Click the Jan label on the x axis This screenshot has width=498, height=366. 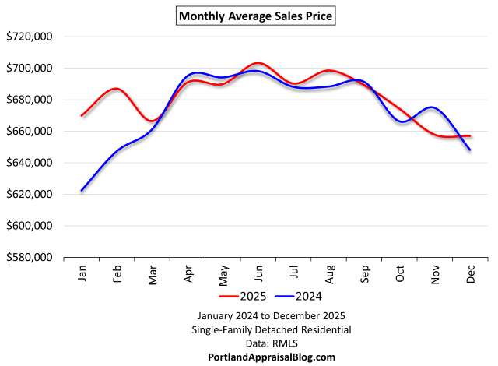pos(82,273)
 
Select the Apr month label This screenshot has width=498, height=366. pos(188,273)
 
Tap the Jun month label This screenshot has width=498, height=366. pos(258,273)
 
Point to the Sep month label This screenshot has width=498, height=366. pos(365,273)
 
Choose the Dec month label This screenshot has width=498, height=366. pos(471,273)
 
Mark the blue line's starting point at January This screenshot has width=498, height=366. pos(82,190)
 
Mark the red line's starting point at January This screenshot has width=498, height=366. pos(82,115)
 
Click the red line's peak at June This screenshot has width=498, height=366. pos(258,63)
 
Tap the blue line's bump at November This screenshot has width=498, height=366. pos(433,107)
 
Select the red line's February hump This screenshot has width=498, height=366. pos(116,89)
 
